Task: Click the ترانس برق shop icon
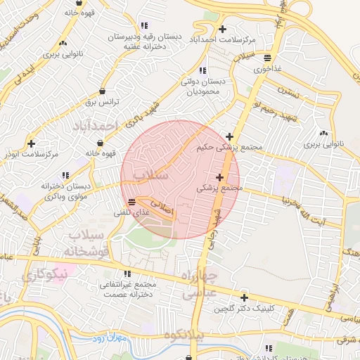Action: click(x=103, y=91)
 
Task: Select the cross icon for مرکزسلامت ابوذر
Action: click(x=30, y=142)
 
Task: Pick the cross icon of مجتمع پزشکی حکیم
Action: click(x=229, y=136)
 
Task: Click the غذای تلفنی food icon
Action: click(x=133, y=201)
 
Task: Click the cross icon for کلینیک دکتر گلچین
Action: click(x=244, y=297)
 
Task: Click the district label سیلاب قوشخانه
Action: click(x=82, y=243)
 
